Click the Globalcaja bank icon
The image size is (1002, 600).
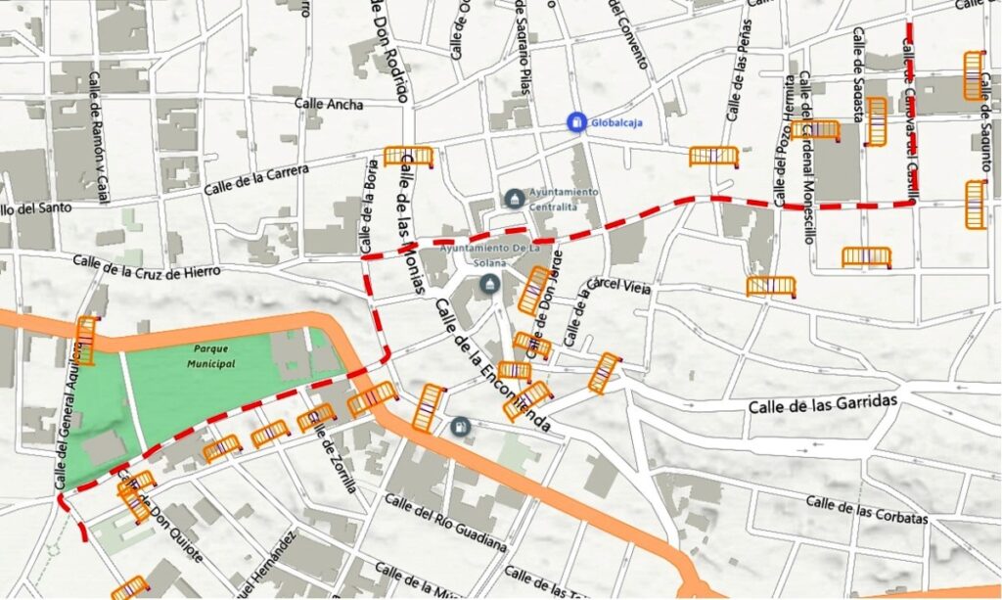[577, 121]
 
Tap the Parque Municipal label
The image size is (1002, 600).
[214, 355]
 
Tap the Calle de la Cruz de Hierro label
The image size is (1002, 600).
[147, 265]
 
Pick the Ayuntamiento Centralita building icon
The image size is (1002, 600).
[514, 199]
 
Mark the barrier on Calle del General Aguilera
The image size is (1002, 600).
[86, 341]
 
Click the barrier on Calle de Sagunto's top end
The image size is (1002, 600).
[973, 75]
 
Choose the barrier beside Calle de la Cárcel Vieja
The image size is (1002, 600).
[604, 373]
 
